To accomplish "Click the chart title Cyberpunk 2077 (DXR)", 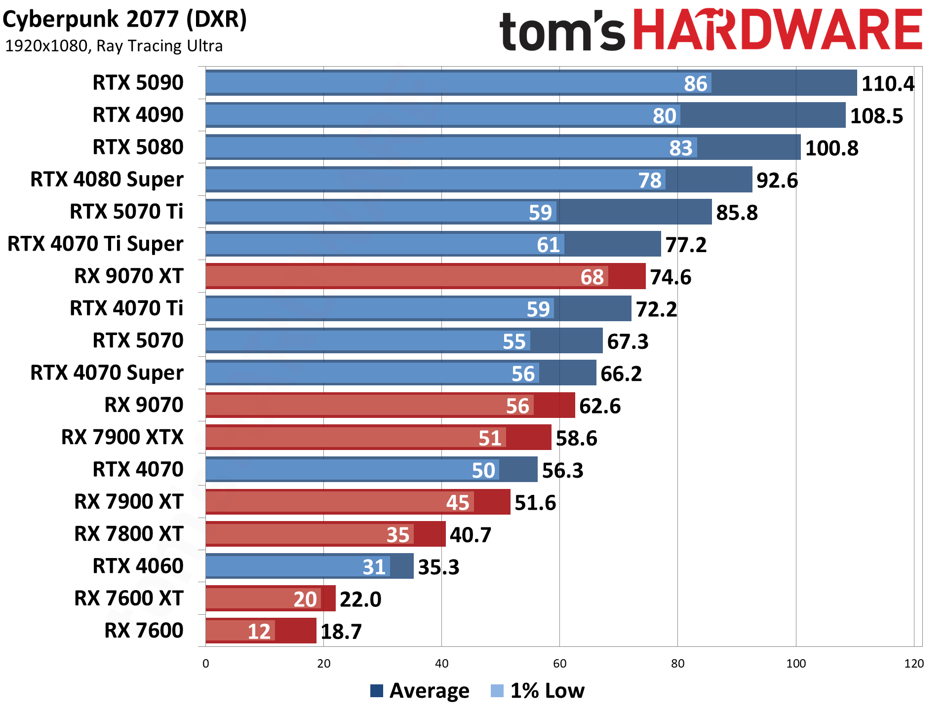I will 124,20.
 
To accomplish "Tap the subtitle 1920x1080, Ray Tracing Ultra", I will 114,46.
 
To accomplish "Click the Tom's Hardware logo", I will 711,31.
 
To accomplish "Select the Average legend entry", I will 420,691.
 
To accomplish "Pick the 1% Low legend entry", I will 538,691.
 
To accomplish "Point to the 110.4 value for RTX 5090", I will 888,83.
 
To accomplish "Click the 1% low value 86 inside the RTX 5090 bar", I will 695,83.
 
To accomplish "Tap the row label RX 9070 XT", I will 128,276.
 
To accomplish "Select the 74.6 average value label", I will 670,277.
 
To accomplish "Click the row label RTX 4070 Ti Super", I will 95,244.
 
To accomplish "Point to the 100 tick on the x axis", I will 795,664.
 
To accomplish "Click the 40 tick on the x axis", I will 441,664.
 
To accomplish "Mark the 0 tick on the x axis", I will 206,664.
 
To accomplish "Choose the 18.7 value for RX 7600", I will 341,631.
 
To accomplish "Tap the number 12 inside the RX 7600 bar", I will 259,631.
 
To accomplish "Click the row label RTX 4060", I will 138,566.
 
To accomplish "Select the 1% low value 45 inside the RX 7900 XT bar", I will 457,502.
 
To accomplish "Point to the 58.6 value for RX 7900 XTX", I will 576,438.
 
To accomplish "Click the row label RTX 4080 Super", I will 107,179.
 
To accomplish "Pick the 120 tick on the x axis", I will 913,664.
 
